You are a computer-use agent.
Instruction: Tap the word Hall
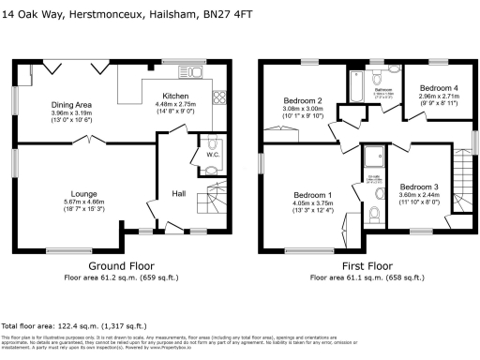178,194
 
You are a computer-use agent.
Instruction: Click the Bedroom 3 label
419,187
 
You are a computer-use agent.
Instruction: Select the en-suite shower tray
373,156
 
